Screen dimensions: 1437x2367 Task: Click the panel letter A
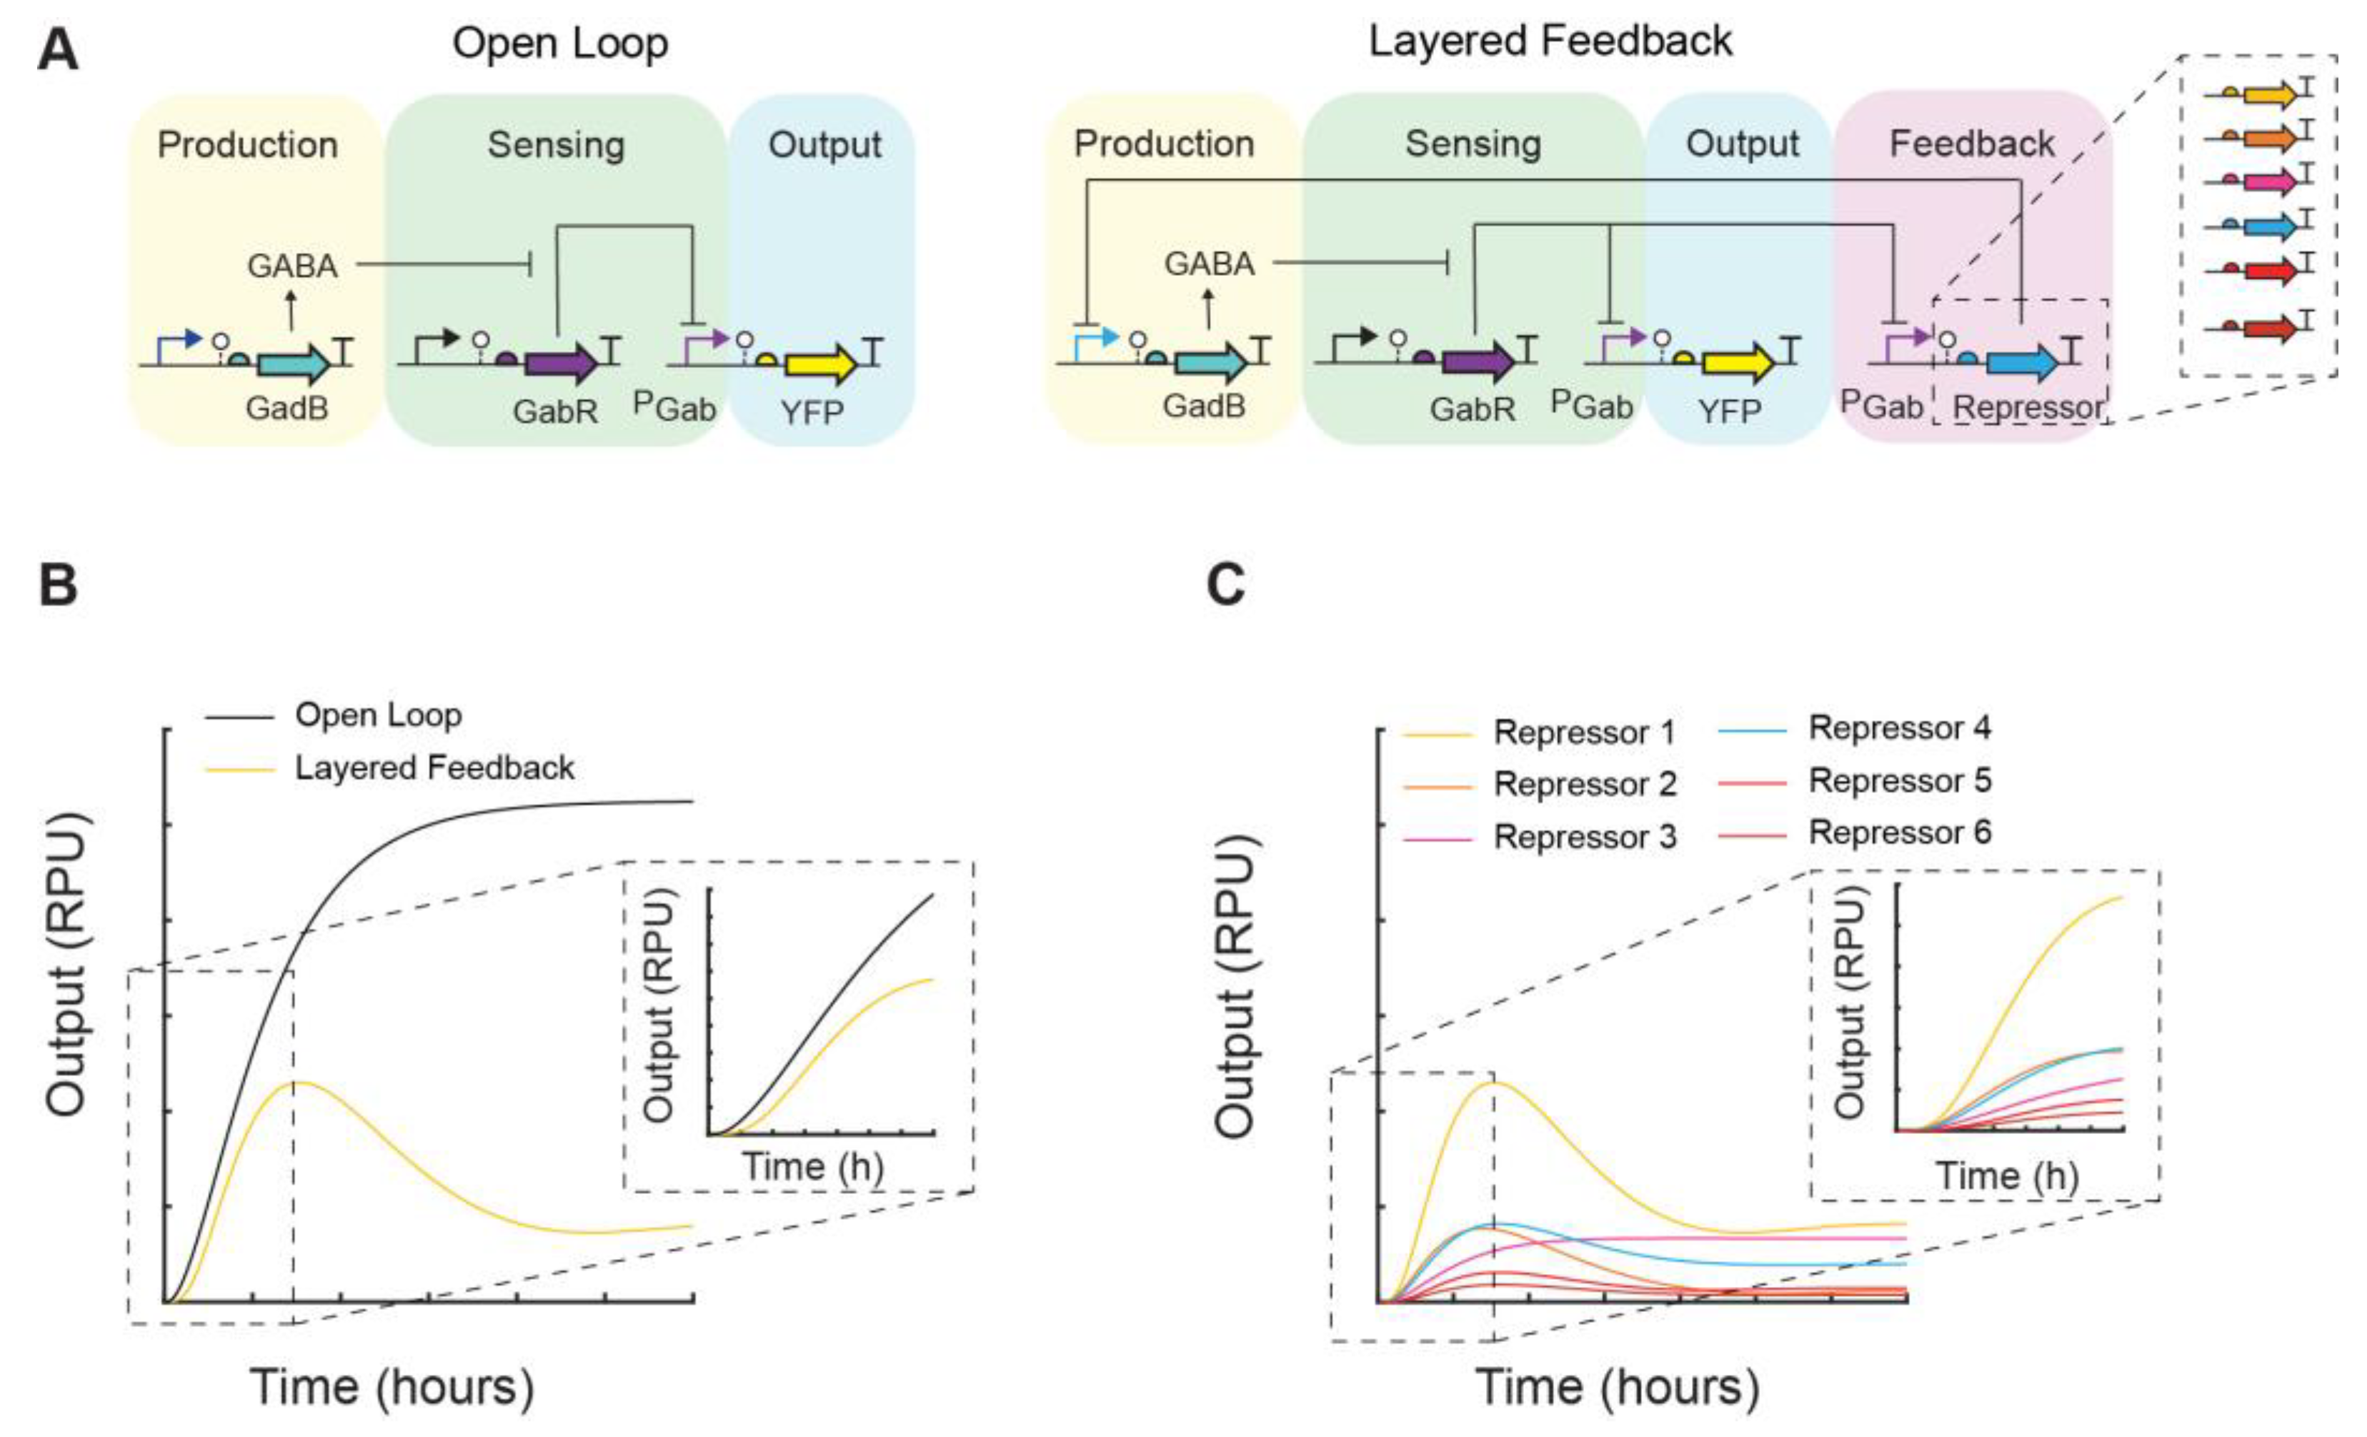point(58,50)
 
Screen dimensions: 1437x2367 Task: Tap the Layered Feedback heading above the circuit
point(1550,42)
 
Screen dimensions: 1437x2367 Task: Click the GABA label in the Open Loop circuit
point(292,265)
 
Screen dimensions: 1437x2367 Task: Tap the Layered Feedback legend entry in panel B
point(434,767)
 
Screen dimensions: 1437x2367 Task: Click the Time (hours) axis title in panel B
point(392,1387)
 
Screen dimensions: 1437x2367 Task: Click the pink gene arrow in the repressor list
point(2268,181)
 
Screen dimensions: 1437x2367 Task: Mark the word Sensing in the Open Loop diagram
point(557,145)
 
